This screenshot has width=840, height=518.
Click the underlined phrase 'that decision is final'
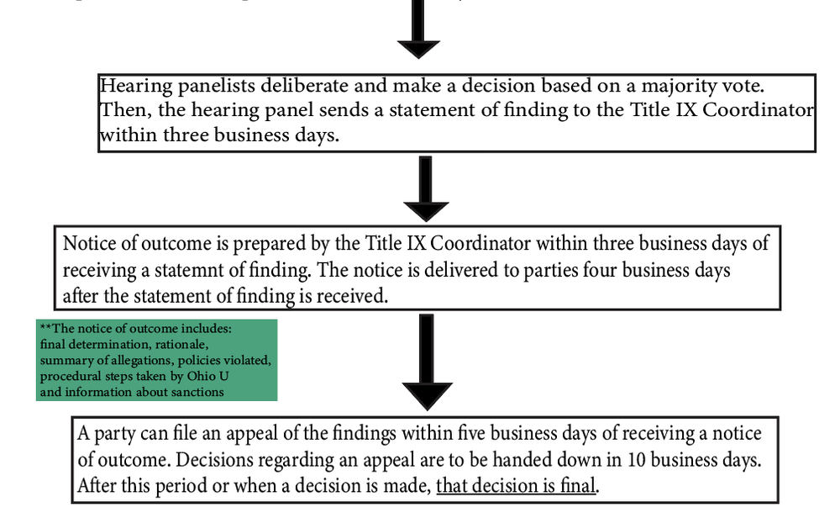[x=516, y=486]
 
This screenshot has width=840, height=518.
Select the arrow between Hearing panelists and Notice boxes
[x=426, y=190]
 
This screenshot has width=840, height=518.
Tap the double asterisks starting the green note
[x=44, y=326]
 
